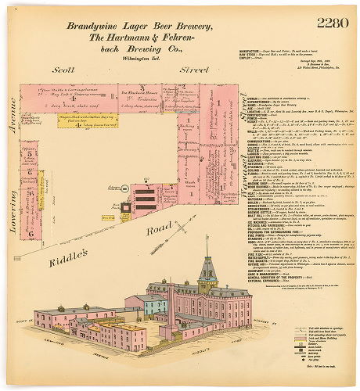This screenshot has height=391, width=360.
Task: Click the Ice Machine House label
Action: pyautogui.click(x=136, y=91)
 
